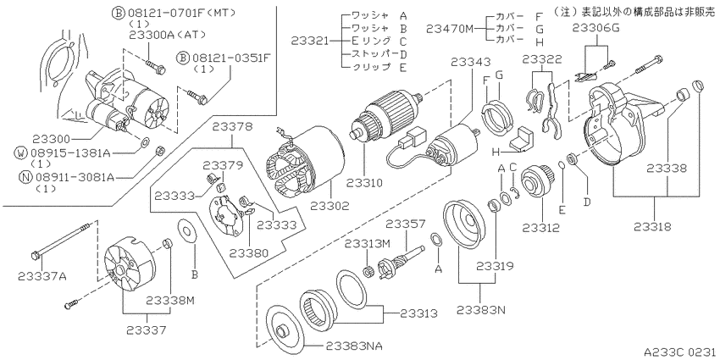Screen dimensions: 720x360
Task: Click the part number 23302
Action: (330, 206)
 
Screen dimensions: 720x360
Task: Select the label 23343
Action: (470, 62)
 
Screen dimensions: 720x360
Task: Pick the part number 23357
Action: (406, 224)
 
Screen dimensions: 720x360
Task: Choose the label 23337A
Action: (42, 275)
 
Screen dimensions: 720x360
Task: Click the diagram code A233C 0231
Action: (679, 352)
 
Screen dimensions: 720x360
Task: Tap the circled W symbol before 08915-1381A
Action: (21, 152)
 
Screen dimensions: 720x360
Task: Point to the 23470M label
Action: (449, 29)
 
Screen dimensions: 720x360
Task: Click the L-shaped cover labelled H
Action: (523, 140)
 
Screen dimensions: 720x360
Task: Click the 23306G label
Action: (596, 28)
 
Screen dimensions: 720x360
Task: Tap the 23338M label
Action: (171, 301)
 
